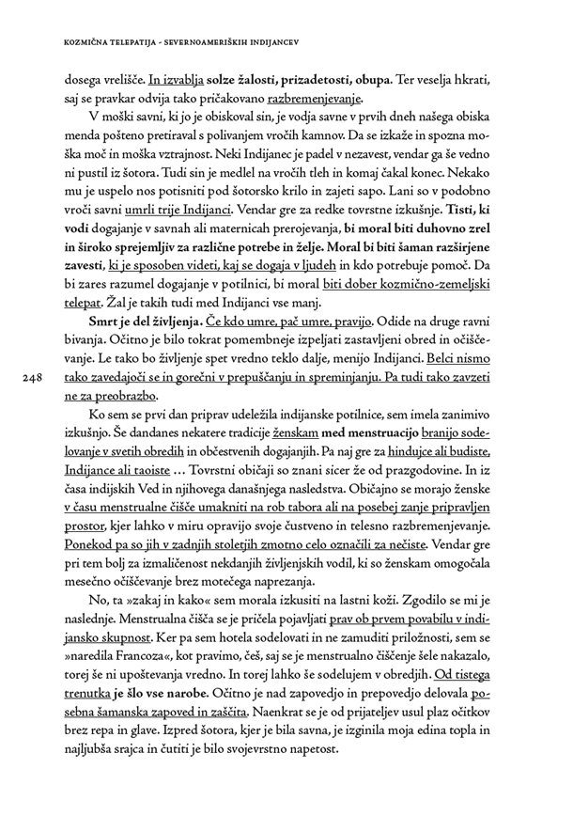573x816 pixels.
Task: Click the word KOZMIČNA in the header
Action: [88, 42]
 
